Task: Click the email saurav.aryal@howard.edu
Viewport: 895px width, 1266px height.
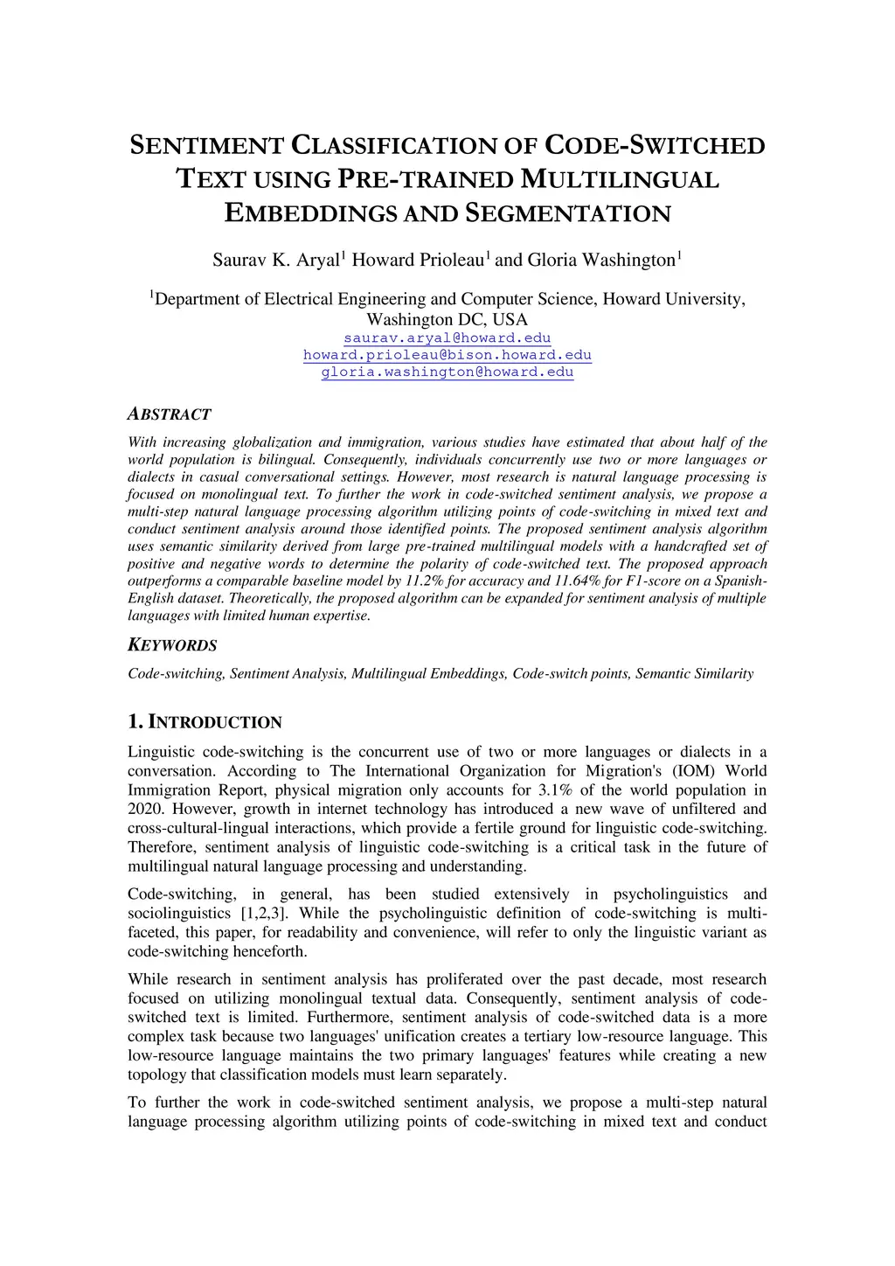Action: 447,338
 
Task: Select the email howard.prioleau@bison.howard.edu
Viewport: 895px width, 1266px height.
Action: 447,355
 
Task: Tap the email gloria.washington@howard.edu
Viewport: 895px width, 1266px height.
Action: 447,372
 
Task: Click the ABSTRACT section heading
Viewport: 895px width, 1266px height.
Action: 170,414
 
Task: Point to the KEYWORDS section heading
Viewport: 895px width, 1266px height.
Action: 172,646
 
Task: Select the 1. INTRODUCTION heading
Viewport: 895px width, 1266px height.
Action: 205,722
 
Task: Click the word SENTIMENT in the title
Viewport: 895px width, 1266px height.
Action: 206,146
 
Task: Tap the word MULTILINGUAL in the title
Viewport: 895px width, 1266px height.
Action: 619,179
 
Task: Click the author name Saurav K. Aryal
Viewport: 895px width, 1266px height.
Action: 277,261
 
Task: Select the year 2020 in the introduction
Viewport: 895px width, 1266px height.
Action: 145,810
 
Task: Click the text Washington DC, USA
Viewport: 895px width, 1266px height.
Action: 447,320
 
